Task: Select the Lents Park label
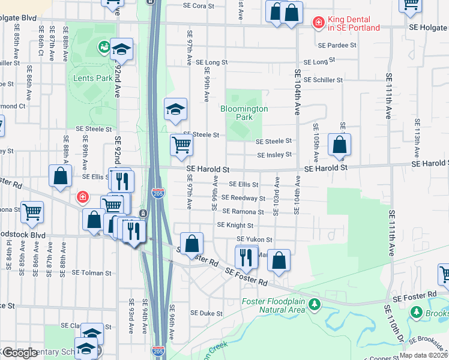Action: coord(92,78)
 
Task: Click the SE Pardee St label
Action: coord(337,45)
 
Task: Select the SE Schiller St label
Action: coord(323,80)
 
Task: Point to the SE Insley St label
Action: coord(274,155)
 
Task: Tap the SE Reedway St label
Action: coord(243,198)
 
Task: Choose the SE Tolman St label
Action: coord(92,273)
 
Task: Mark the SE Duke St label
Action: coord(206,313)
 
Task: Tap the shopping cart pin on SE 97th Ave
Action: coord(181,145)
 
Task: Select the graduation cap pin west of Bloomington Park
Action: coord(175,109)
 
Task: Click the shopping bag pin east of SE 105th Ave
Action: coord(340,145)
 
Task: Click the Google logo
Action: coord(20,353)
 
